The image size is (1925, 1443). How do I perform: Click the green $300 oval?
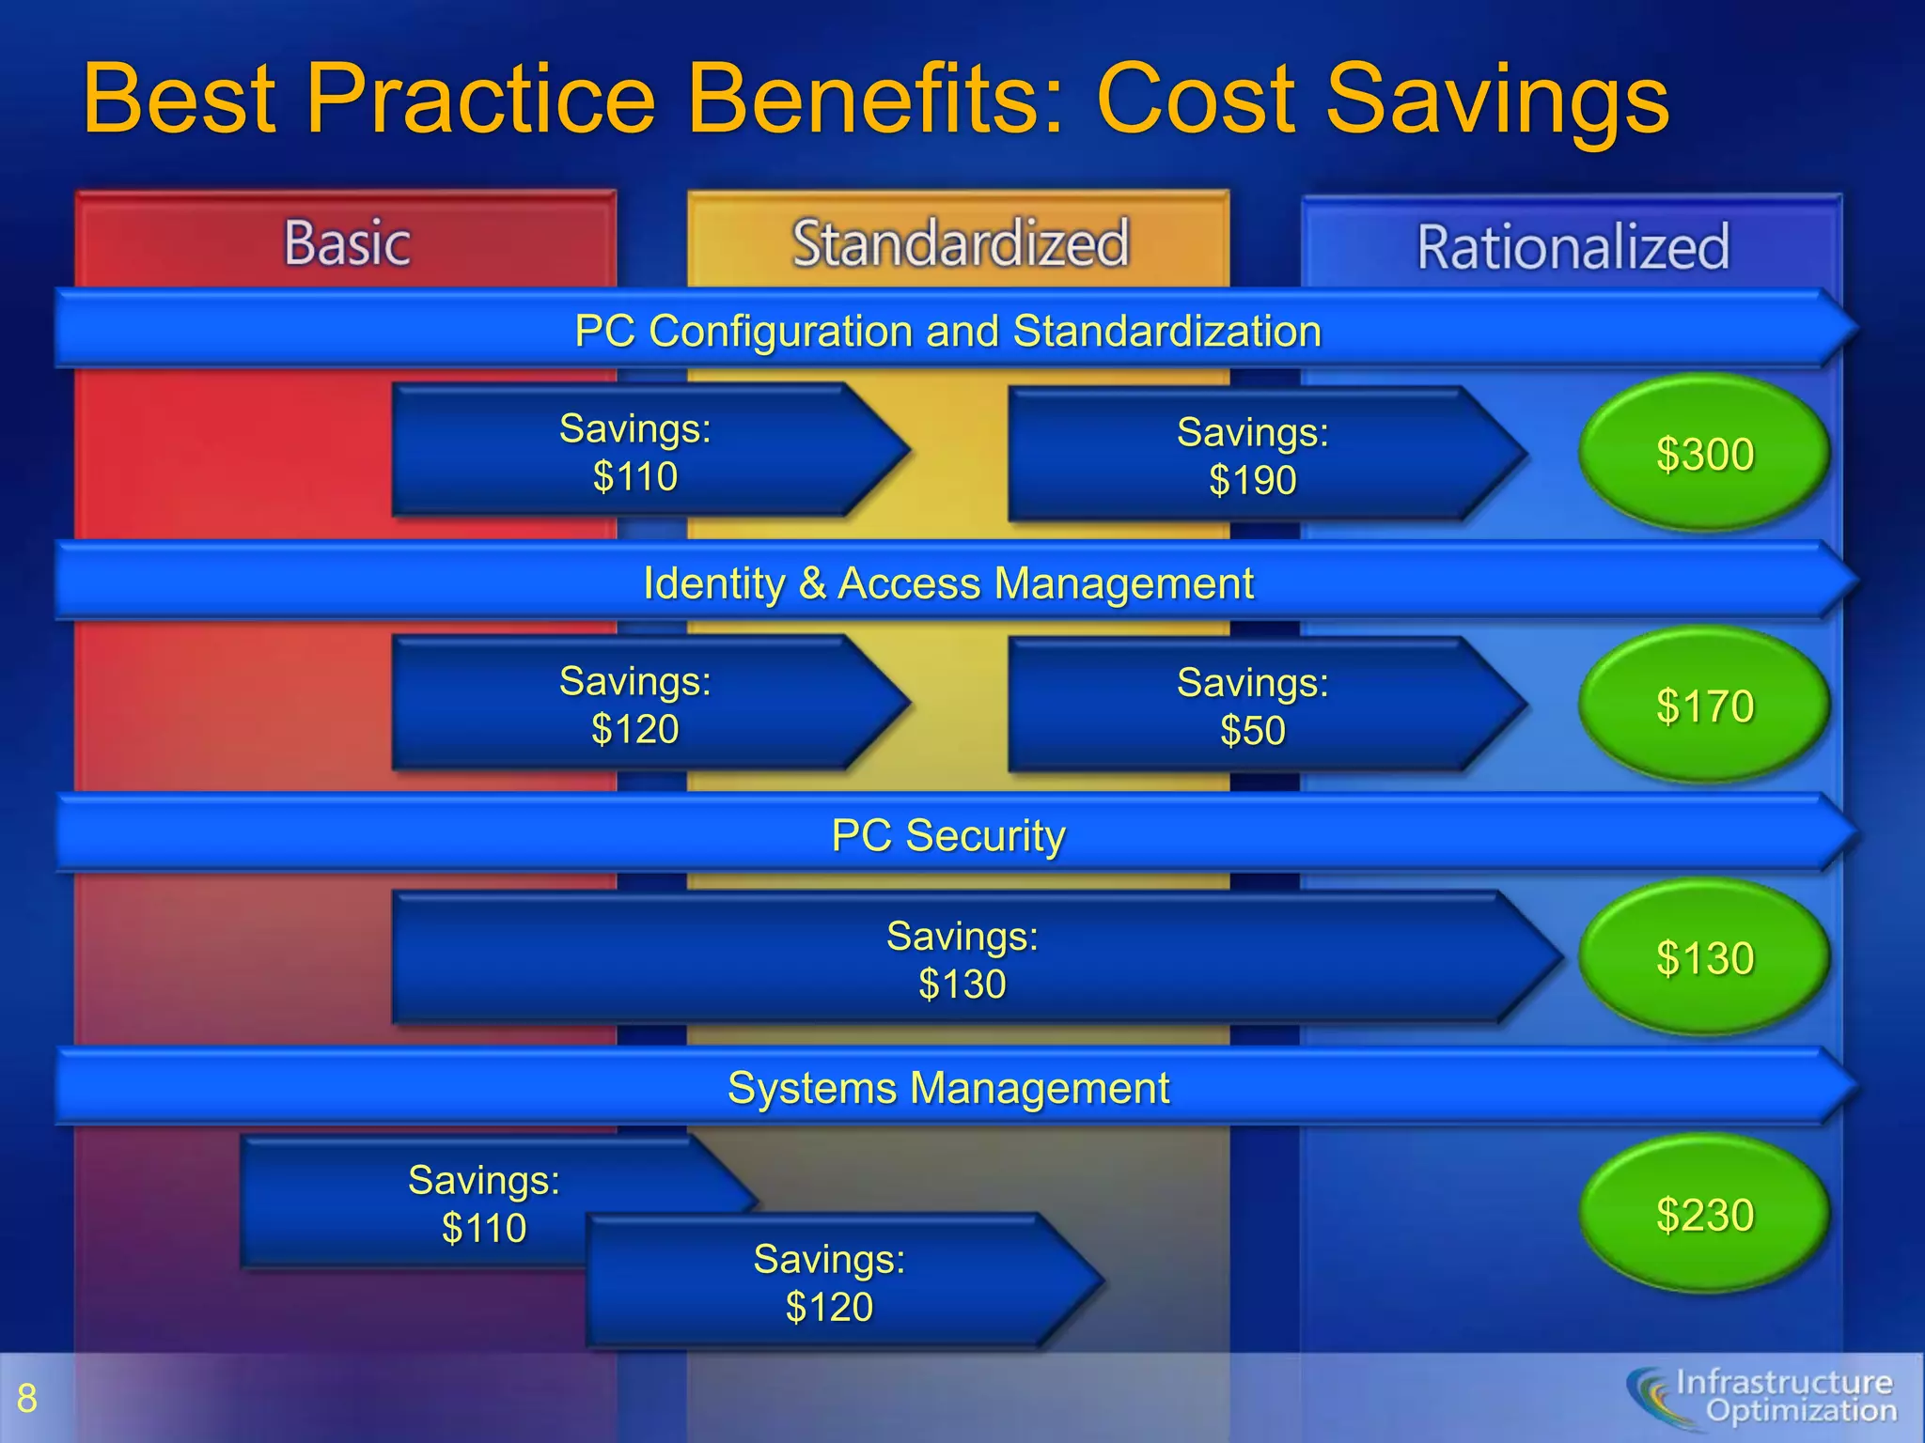[x=1704, y=454]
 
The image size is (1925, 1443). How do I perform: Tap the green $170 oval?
[x=1704, y=706]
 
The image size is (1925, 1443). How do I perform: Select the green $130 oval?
[x=1704, y=957]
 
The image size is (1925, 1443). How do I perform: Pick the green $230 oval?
[x=1704, y=1214]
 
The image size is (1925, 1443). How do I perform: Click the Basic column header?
[x=347, y=242]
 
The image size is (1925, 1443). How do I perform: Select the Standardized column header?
[x=960, y=242]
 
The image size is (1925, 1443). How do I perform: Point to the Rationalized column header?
[x=1573, y=246]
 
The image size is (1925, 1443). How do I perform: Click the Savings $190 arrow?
[x=1253, y=456]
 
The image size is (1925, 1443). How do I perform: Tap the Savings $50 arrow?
[x=1253, y=706]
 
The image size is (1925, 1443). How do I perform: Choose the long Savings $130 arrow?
[x=962, y=959]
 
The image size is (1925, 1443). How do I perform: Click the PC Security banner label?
[x=948, y=835]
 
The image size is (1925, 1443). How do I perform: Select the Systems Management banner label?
[x=948, y=1088]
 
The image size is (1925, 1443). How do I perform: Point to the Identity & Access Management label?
[x=948, y=583]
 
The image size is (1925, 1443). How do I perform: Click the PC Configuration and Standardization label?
[x=948, y=331]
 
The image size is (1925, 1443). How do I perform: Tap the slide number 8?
[x=27, y=1399]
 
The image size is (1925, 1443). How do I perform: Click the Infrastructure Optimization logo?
[x=1762, y=1397]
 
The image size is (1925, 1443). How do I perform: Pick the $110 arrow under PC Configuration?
[x=635, y=452]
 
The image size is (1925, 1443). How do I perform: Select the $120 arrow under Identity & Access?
[x=635, y=705]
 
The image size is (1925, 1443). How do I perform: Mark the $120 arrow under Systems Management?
[x=829, y=1282]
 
